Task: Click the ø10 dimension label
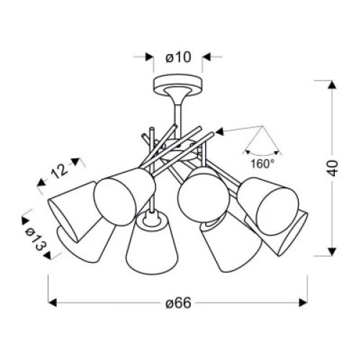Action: click(x=179, y=58)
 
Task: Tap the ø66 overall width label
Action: click(x=179, y=303)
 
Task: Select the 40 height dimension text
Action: click(x=333, y=168)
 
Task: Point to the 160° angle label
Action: click(x=262, y=164)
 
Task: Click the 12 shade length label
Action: click(x=59, y=171)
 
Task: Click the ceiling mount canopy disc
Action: click(x=178, y=85)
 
